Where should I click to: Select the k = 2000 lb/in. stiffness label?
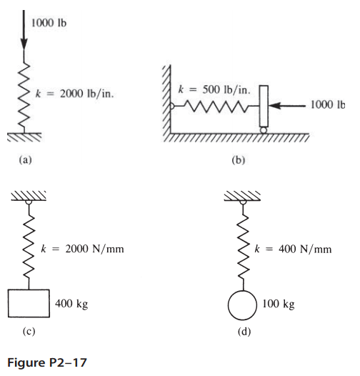pyautogui.click(x=77, y=92)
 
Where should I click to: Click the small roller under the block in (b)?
pyautogui.click(x=263, y=129)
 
